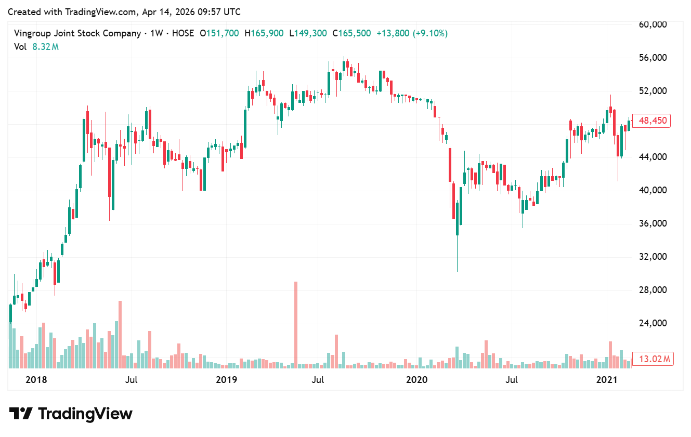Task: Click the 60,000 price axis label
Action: pyautogui.click(x=652, y=24)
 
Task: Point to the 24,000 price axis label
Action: pyautogui.click(x=652, y=323)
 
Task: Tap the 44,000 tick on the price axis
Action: pyautogui.click(x=652, y=157)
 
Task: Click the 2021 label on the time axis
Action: pyautogui.click(x=607, y=380)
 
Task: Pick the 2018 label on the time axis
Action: pyautogui.click(x=36, y=380)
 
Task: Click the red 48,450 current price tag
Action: pyautogui.click(x=653, y=121)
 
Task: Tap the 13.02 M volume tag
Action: pyautogui.click(x=653, y=359)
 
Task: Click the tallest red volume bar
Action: pyautogui.click(x=296, y=325)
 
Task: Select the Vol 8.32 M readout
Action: pyautogui.click(x=36, y=47)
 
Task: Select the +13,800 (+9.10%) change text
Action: pyautogui.click(x=412, y=33)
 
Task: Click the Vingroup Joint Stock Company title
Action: pyautogui.click(x=77, y=33)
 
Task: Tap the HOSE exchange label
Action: pyautogui.click(x=182, y=33)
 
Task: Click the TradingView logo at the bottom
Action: pyautogui.click(x=71, y=414)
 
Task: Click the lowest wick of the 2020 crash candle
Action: pyautogui.click(x=457, y=270)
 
